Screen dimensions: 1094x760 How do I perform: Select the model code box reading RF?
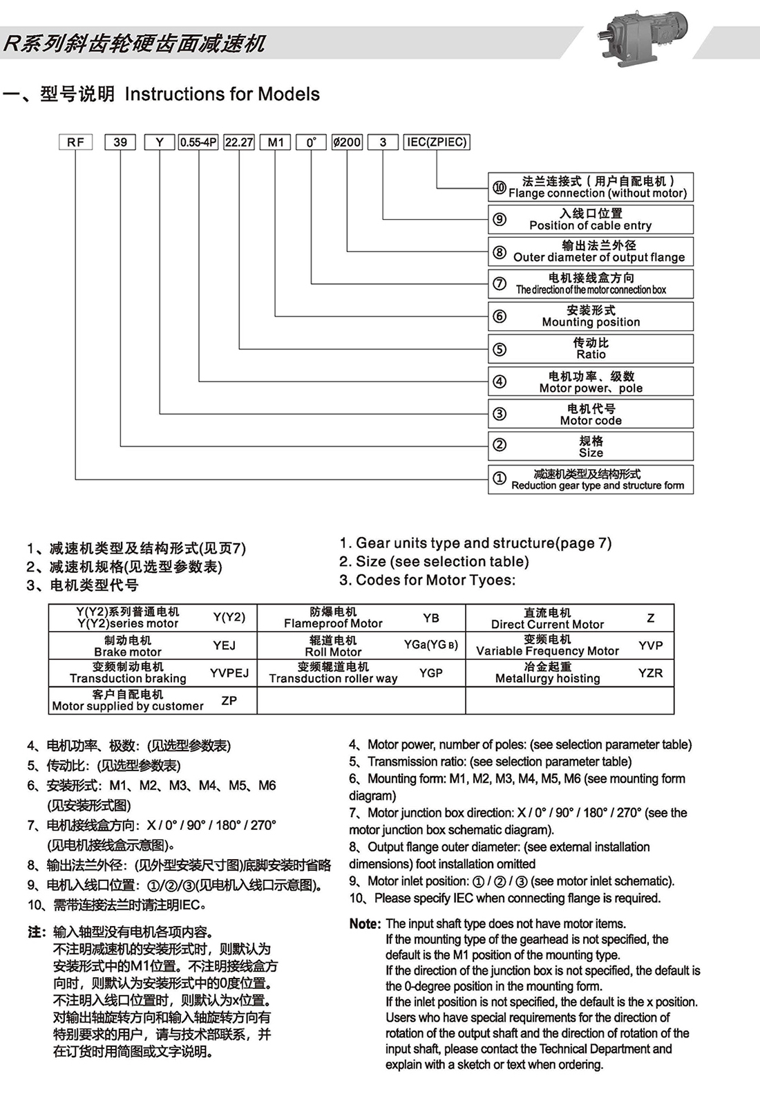pyautogui.click(x=76, y=142)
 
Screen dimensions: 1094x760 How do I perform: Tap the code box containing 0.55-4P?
pyautogui.click(x=198, y=142)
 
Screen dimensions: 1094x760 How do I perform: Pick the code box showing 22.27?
pyautogui.click(x=239, y=142)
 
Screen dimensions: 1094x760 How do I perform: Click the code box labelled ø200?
pyautogui.click(x=347, y=142)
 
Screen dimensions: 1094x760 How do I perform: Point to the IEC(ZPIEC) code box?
pyautogui.click(x=437, y=142)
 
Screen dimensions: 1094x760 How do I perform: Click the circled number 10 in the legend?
pyautogui.click(x=500, y=187)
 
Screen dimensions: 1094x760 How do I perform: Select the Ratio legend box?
pyautogui.click(x=591, y=348)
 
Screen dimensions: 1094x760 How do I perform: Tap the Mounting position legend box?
pyautogui.click(x=591, y=316)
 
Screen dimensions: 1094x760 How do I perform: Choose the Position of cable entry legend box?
pyautogui.click(x=591, y=219)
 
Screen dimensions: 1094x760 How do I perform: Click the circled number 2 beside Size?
pyautogui.click(x=500, y=446)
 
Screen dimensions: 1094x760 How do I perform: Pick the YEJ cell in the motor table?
pyautogui.click(x=225, y=645)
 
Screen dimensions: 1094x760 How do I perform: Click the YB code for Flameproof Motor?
pyautogui.click(x=431, y=618)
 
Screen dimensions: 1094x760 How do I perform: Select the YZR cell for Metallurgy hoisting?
pyautogui.click(x=650, y=672)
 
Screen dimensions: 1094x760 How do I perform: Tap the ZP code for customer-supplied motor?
pyautogui.click(x=229, y=700)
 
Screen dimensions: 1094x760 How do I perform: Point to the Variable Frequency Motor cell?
pyautogui.click(x=547, y=645)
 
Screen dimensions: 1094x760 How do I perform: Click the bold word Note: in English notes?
pyautogui.click(x=365, y=924)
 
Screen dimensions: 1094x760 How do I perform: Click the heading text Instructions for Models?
pyautogui.click(x=222, y=94)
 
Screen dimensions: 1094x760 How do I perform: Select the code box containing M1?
pyautogui.click(x=276, y=142)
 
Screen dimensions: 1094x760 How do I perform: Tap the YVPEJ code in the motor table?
pyautogui.click(x=229, y=672)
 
